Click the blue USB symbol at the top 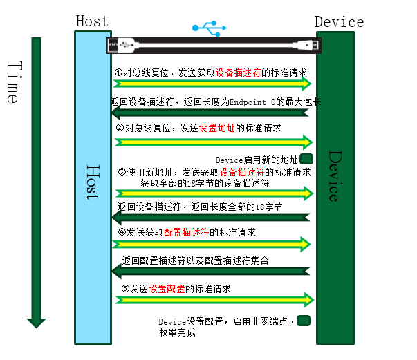point(209,28)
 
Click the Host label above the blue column point(92,21)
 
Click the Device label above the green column point(339,22)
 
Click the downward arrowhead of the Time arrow point(36,321)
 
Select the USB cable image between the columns point(214,46)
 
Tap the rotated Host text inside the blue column point(92,182)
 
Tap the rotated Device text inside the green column point(335,176)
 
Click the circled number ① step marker point(118,72)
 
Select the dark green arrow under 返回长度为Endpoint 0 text point(210,112)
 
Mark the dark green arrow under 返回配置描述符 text point(210,271)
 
